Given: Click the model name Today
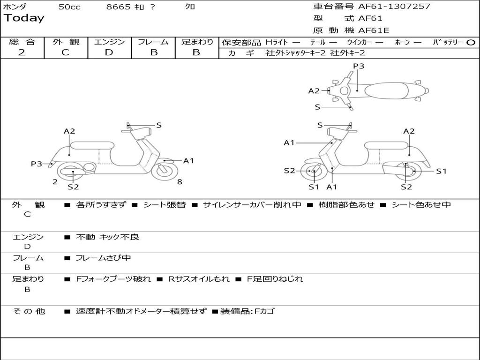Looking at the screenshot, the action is [x=24, y=18].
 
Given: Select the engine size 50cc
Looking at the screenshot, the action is [x=69, y=7].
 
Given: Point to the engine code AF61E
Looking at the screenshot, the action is [x=374, y=30].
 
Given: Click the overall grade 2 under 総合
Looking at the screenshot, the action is [x=22, y=52].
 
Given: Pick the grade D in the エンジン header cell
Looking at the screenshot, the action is [x=109, y=52].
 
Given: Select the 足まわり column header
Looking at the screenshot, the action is [x=197, y=42].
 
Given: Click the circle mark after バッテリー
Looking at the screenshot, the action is [x=471, y=42].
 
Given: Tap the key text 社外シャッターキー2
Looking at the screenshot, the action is [x=295, y=53].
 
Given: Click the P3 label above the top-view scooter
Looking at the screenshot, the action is [x=359, y=66].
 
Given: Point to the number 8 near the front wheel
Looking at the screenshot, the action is [x=180, y=182].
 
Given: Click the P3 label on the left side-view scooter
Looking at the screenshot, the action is [x=37, y=164].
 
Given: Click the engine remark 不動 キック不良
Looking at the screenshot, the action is [x=107, y=237].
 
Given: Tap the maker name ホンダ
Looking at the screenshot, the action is [x=15, y=7].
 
